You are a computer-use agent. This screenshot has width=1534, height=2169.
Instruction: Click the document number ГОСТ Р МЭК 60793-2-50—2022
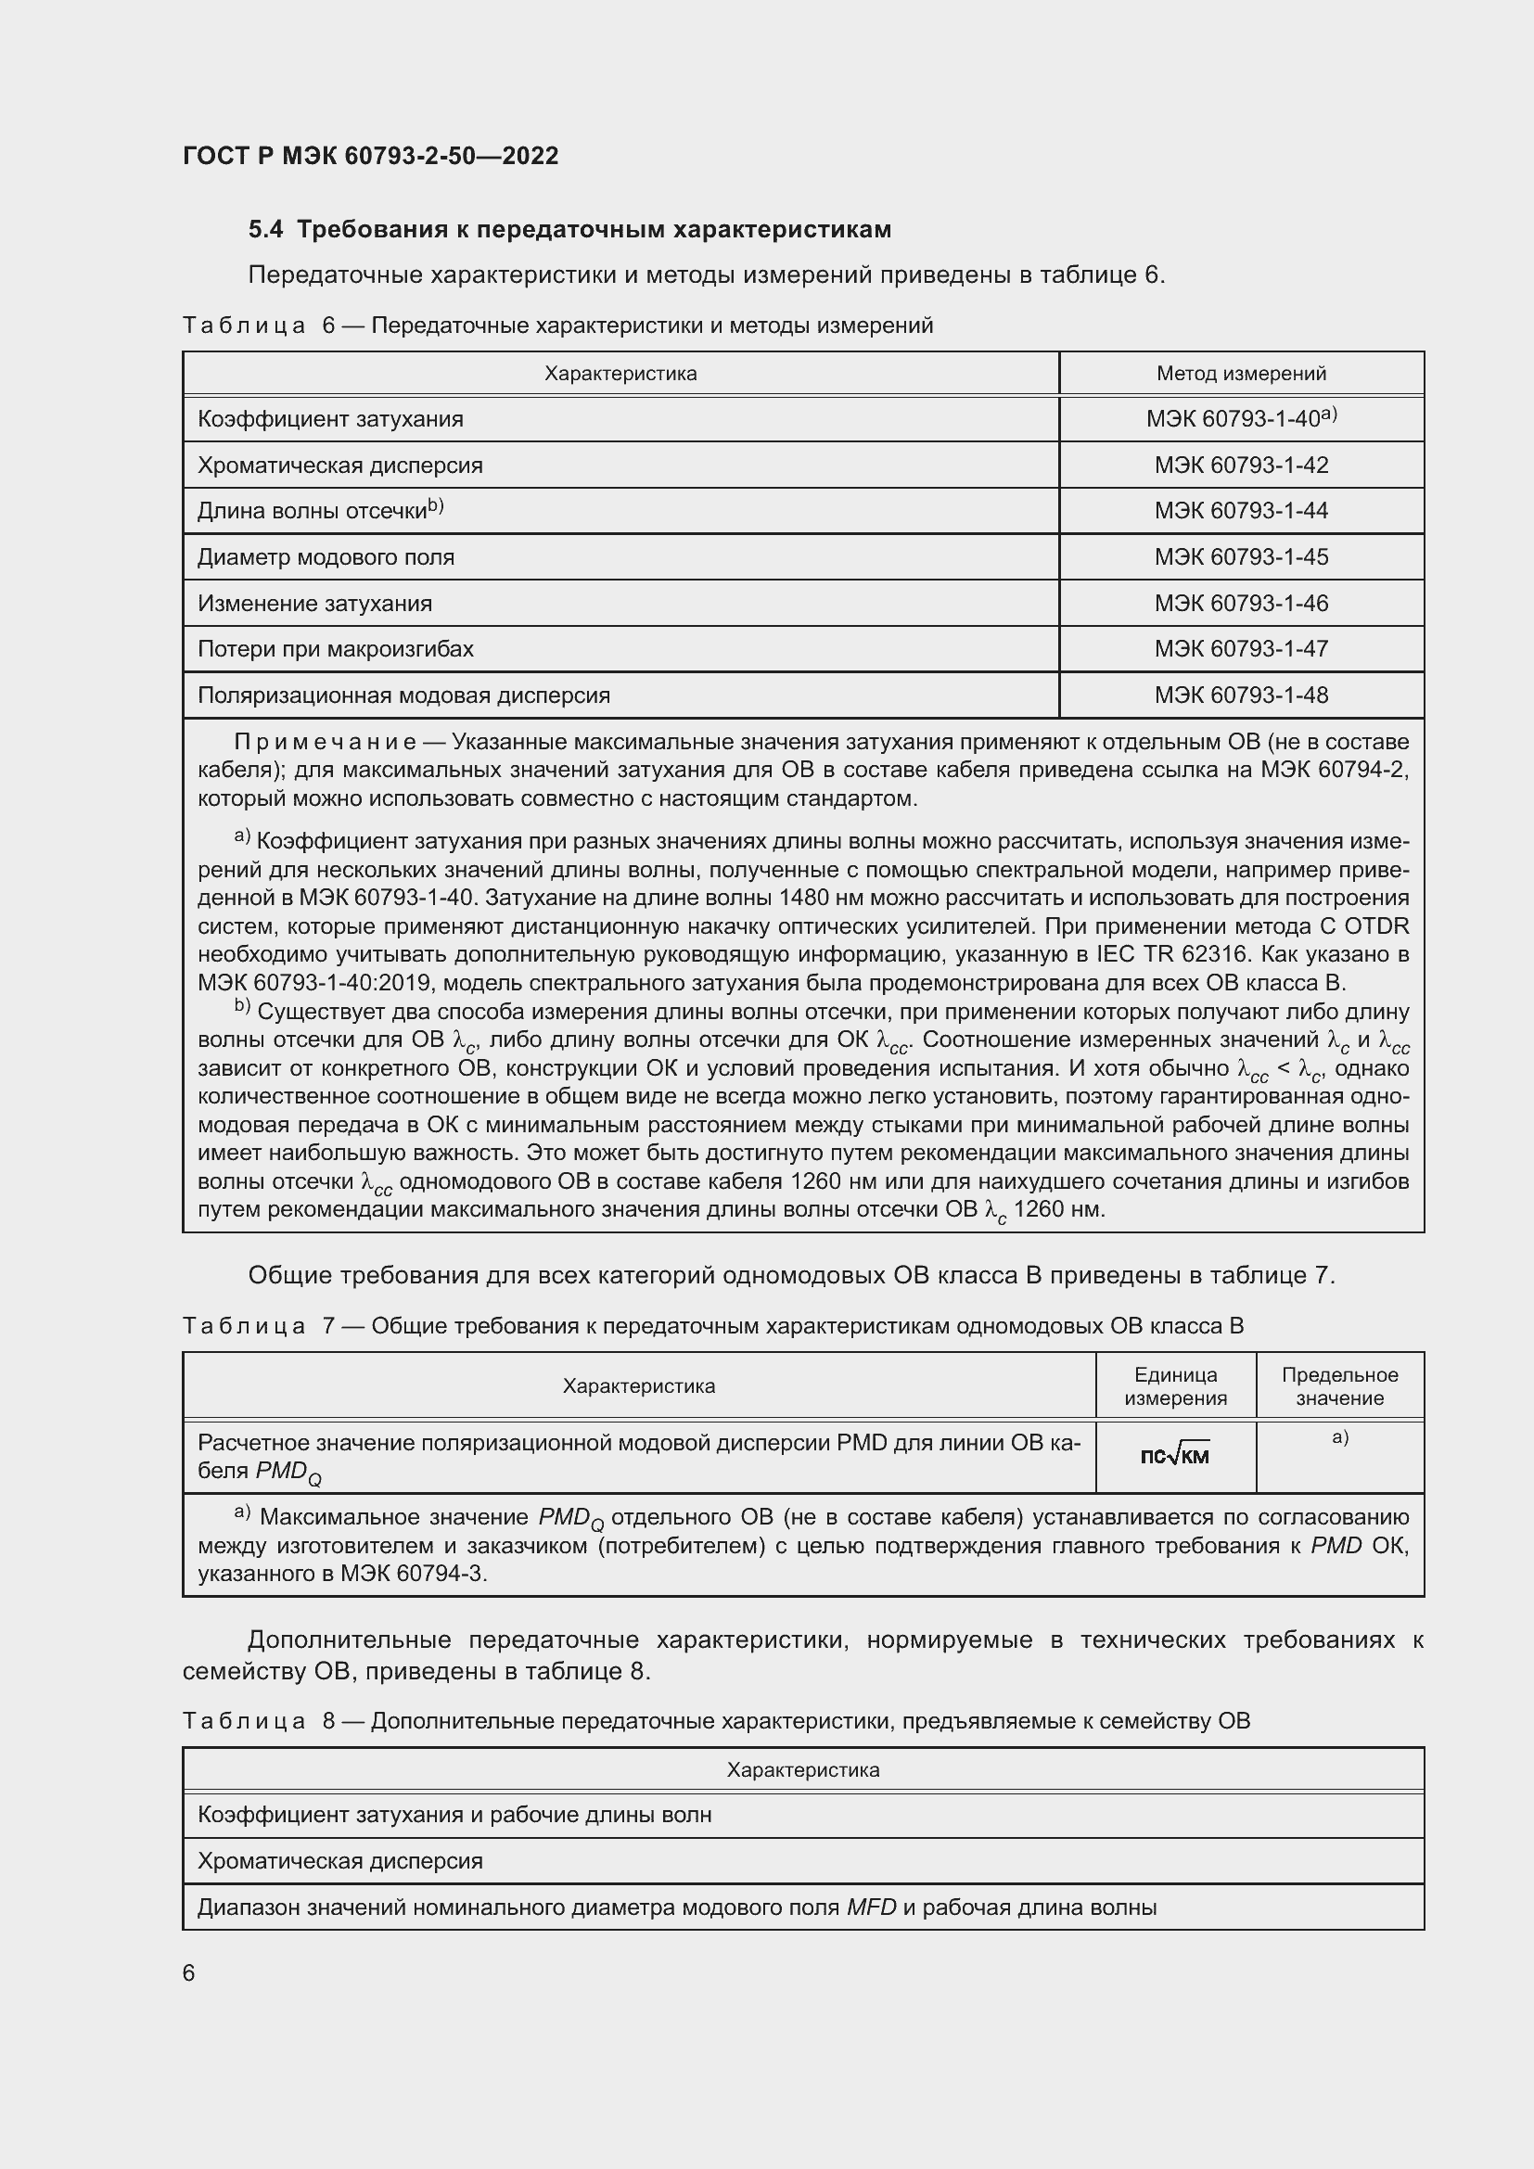pyautogui.click(x=370, y=156)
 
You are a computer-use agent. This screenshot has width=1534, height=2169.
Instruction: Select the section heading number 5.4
pyautogui.click(x=264, y=230)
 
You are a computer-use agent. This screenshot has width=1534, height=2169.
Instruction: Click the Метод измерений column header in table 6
pyautogui.click(x=1240, y=373)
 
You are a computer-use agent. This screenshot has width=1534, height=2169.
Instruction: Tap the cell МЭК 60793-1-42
pyautogui.click(x=1240, y=465)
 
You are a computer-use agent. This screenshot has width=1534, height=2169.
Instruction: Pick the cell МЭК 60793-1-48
pyautogui.click(x=1240, y=695)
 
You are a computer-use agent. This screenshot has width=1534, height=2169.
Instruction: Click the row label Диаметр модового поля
pyautogui.click(x=326, y=557)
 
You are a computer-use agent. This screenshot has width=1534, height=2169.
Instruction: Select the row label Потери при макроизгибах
pyautogui.click(x=336, y=649)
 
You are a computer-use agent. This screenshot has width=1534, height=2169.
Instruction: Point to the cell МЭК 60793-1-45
pyautogui.click(x=1240, y=557)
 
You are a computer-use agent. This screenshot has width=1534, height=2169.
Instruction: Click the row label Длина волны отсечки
pyautogui.click(x=313, y=511)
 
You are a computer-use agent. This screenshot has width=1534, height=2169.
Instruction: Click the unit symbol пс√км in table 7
pyautogui.click(x=1174, y=1456)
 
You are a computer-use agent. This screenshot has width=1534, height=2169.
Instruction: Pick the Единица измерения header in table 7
pyautogui.click(x=1175, y=1385)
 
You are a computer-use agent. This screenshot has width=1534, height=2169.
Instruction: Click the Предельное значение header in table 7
pyautogui.click(x=1338, y=1385)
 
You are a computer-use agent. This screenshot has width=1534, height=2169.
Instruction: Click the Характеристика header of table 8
pyautogui.click(x=803, y=1769)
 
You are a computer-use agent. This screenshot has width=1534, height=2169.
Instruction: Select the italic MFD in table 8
pyautogui.click(x=871, y=1907)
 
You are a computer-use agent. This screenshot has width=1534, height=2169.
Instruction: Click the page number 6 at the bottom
pyautogui.click(x=189, y=1973)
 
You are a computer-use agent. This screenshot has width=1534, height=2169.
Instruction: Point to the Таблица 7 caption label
pyautogui.click(x=244, y=1326)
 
